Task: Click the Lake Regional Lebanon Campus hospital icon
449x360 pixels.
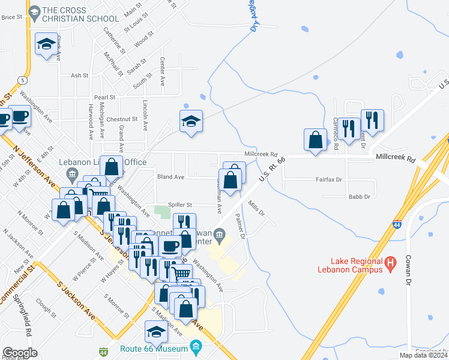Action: (391, 262)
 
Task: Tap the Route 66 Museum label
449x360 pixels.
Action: (158, 347)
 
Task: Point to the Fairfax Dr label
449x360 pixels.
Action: (328, 179)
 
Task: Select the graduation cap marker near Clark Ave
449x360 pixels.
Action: (46, 44)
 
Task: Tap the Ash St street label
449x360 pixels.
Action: (79, 76)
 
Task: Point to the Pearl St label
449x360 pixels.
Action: (104, 97)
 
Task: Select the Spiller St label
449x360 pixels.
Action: (179, 205)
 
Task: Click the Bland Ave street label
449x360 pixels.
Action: (170, 177)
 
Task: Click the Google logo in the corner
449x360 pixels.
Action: (20, 353)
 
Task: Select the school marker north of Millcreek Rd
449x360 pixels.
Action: (191, 121)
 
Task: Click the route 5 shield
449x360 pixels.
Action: (22, 80)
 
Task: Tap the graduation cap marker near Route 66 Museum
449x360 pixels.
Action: (156, 332)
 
